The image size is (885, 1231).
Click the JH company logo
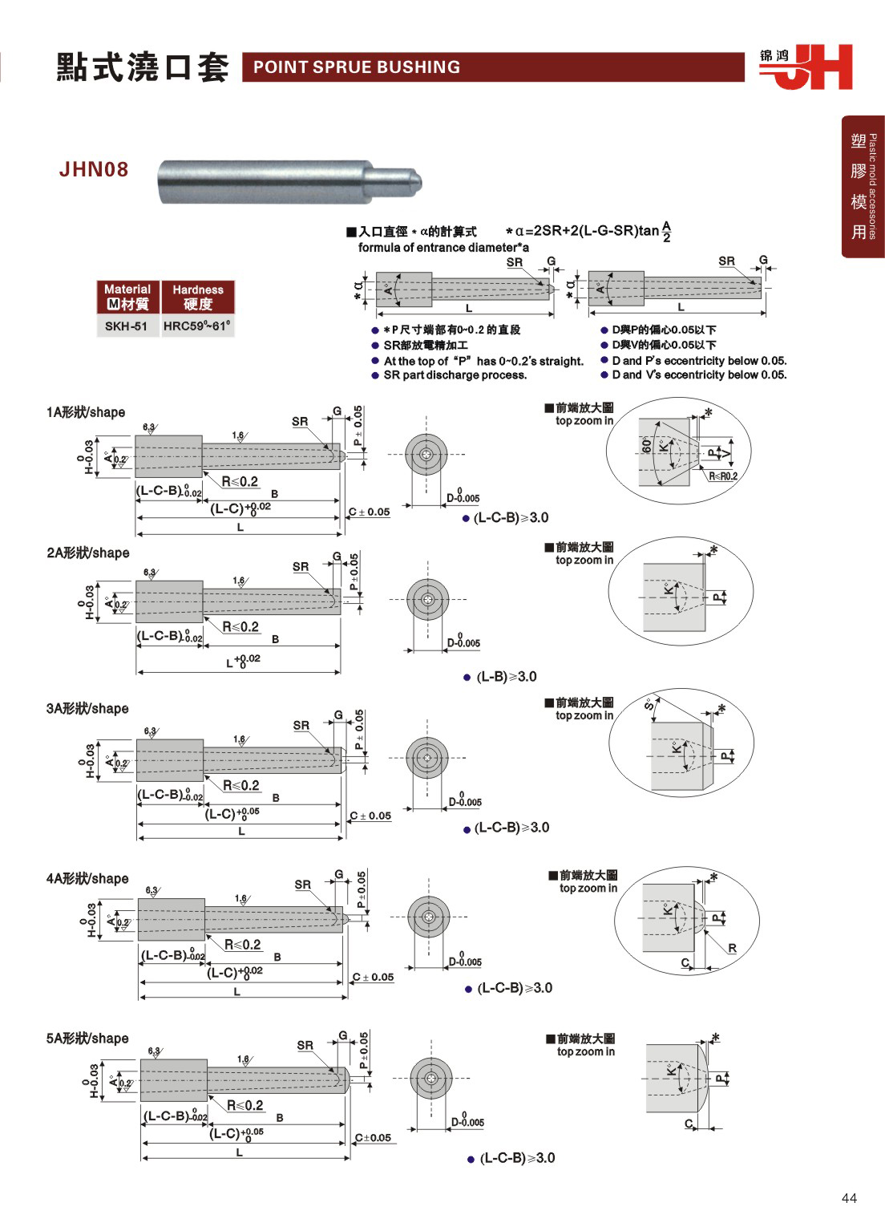[x=806, y=67]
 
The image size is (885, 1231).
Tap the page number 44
[x=849, y=1198]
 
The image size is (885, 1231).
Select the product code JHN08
[x=94, y=169]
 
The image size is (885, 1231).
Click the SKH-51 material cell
[x=127, y=326]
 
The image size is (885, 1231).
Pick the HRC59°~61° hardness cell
[x=197, y=326]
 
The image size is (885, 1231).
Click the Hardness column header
[x=197, y=297]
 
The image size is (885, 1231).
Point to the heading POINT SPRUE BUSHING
[x=357, y=67]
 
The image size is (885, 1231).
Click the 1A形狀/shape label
[x=86, y=412]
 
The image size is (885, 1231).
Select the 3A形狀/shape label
[x=87, y=708]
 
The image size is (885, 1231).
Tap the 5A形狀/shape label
[x=87, y=1039]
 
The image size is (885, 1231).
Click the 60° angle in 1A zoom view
[x=646, y=446]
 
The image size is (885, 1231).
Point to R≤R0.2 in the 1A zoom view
[x=723, y=476]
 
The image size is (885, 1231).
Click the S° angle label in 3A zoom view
[x=649, y=704]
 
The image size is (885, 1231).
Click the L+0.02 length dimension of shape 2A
[x=243, y=662]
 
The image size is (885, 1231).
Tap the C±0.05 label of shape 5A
[x=374, y=1137]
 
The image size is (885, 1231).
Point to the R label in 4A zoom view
[x=732, y=949]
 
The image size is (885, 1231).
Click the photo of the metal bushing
[x=289, y=182]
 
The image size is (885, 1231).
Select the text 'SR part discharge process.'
[x=455, y=375]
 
